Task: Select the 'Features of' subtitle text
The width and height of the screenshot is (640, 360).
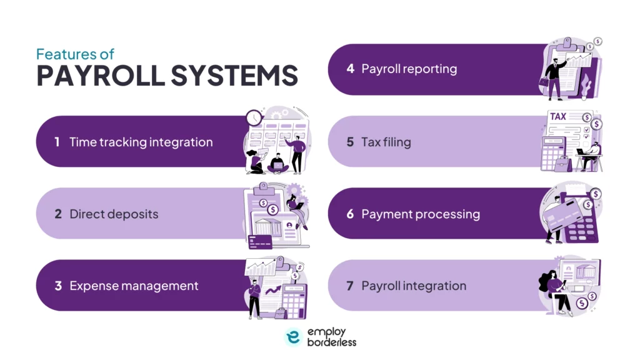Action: pos(75,54)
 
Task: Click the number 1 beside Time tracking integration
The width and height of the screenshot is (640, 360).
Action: pos(57,142)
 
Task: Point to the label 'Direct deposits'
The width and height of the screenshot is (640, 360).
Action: pos(114,214)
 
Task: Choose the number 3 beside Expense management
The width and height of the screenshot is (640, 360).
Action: pos(57,286)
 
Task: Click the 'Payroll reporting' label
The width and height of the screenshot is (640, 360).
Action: pos(409,69)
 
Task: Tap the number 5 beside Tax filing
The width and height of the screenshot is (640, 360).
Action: pos(350,142)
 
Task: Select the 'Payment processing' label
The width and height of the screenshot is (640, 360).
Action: pos(421,214)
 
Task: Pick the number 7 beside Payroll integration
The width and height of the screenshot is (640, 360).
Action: pos(350,286)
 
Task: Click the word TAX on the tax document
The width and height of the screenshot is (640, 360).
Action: pos(558,116)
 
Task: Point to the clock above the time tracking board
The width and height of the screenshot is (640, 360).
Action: pos(254,117)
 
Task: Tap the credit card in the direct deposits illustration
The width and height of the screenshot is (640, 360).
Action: pos(260,241)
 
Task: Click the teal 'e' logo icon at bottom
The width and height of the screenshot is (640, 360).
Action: pos(293,337)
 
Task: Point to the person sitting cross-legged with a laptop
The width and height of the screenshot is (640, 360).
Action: pos(276,162)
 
